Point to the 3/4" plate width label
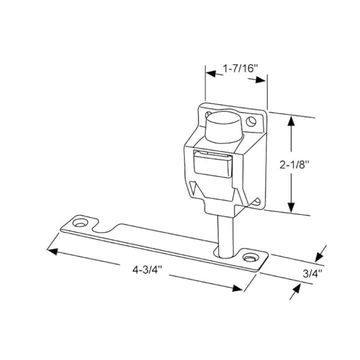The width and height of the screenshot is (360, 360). pyautogui.click(x=312, y=273)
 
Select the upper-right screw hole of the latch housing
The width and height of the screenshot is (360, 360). pyautogui.click(x=252, y=120)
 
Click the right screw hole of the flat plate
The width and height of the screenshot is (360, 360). pyautogui.click(x=249, y=257)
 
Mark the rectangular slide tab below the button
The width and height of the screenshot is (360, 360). pyautogui.click(x=211, y=163)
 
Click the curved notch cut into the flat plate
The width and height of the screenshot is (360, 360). pyautogui.click(x=106, y=229)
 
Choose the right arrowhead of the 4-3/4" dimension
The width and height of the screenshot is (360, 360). pyautogui.click(x=237, y=287)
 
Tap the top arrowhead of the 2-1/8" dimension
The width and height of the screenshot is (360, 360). pyautogui.click(x=292, y=120)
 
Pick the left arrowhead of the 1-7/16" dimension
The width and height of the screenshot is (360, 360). pyautogui.click(x=211, y=74)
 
